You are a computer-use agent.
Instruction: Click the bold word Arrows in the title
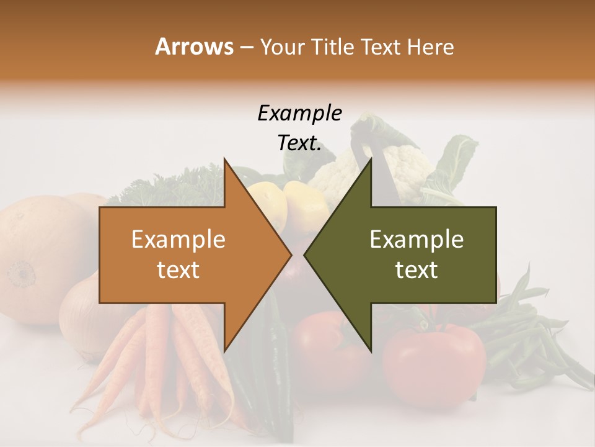pos(194,47)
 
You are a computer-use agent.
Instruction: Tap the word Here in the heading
pos(431,47)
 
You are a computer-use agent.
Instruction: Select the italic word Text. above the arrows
pos(299,143)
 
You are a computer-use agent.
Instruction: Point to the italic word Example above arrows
pos(299,114)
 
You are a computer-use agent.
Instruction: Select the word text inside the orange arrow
pos(178,270)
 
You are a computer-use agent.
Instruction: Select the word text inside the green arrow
pos(416,270)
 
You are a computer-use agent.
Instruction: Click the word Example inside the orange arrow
pos(178,240)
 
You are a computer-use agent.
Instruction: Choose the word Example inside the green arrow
pos(416,240)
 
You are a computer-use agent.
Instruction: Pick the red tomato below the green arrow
pos(434,357)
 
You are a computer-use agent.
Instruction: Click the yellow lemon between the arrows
pos(305,205)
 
